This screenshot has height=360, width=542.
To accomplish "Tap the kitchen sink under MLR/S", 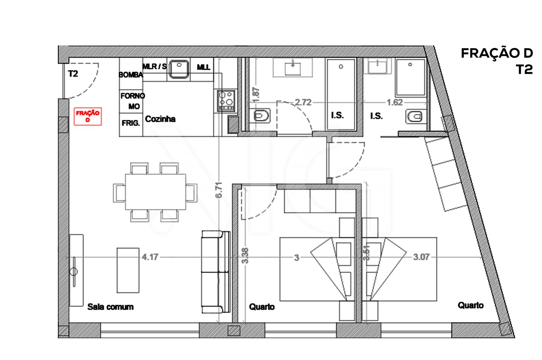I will click(179, 68).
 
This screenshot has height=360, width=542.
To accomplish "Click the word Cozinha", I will click(160, 119).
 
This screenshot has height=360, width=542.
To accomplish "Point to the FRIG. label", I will click(131, 123).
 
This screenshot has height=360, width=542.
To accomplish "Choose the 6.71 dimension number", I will click(219, 190).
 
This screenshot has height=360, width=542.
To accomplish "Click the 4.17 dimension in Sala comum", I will click(150, 257).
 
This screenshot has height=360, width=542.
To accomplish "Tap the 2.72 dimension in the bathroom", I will click(303, 102).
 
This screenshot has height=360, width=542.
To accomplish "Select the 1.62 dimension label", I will click(395, 102).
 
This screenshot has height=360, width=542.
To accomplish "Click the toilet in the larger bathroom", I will click(261, 116).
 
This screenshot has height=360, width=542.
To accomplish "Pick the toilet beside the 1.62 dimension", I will click(414, 117).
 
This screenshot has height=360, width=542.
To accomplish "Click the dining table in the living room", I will click(155, 192).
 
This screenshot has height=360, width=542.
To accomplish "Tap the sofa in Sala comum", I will click(216, 272).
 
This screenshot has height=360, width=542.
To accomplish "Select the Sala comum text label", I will click(110, 307).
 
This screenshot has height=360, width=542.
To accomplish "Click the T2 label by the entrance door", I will click(73, 74).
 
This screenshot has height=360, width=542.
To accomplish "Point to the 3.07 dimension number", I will click(421, 257).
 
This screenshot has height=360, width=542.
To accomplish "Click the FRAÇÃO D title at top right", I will click(497, 53).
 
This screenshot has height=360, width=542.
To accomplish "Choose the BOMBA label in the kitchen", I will click(130, 75).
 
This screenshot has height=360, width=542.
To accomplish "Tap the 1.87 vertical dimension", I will click(256, 95).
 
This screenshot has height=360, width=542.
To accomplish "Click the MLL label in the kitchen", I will click(203, 67).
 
